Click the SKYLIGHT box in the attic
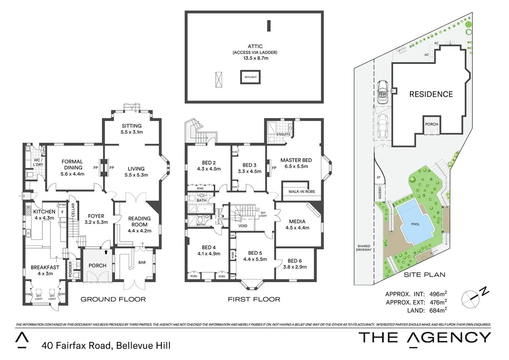pos(251,77)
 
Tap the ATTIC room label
pos(255,46)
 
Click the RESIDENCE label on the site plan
pos(431,94)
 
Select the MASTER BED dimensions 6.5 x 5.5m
pos(296,166)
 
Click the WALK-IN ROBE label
pos(301,192)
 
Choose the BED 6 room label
pos(295,261)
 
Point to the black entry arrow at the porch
pos(106,252)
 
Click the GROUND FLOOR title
pos(113,299)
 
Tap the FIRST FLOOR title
pos(254,299)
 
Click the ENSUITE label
pos(283,134)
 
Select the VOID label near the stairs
pos(243,226)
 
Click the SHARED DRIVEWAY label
pos(363,248)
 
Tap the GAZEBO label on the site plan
pos(379,193)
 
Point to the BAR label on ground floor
pos(142,263)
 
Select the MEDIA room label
pos(297,221)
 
